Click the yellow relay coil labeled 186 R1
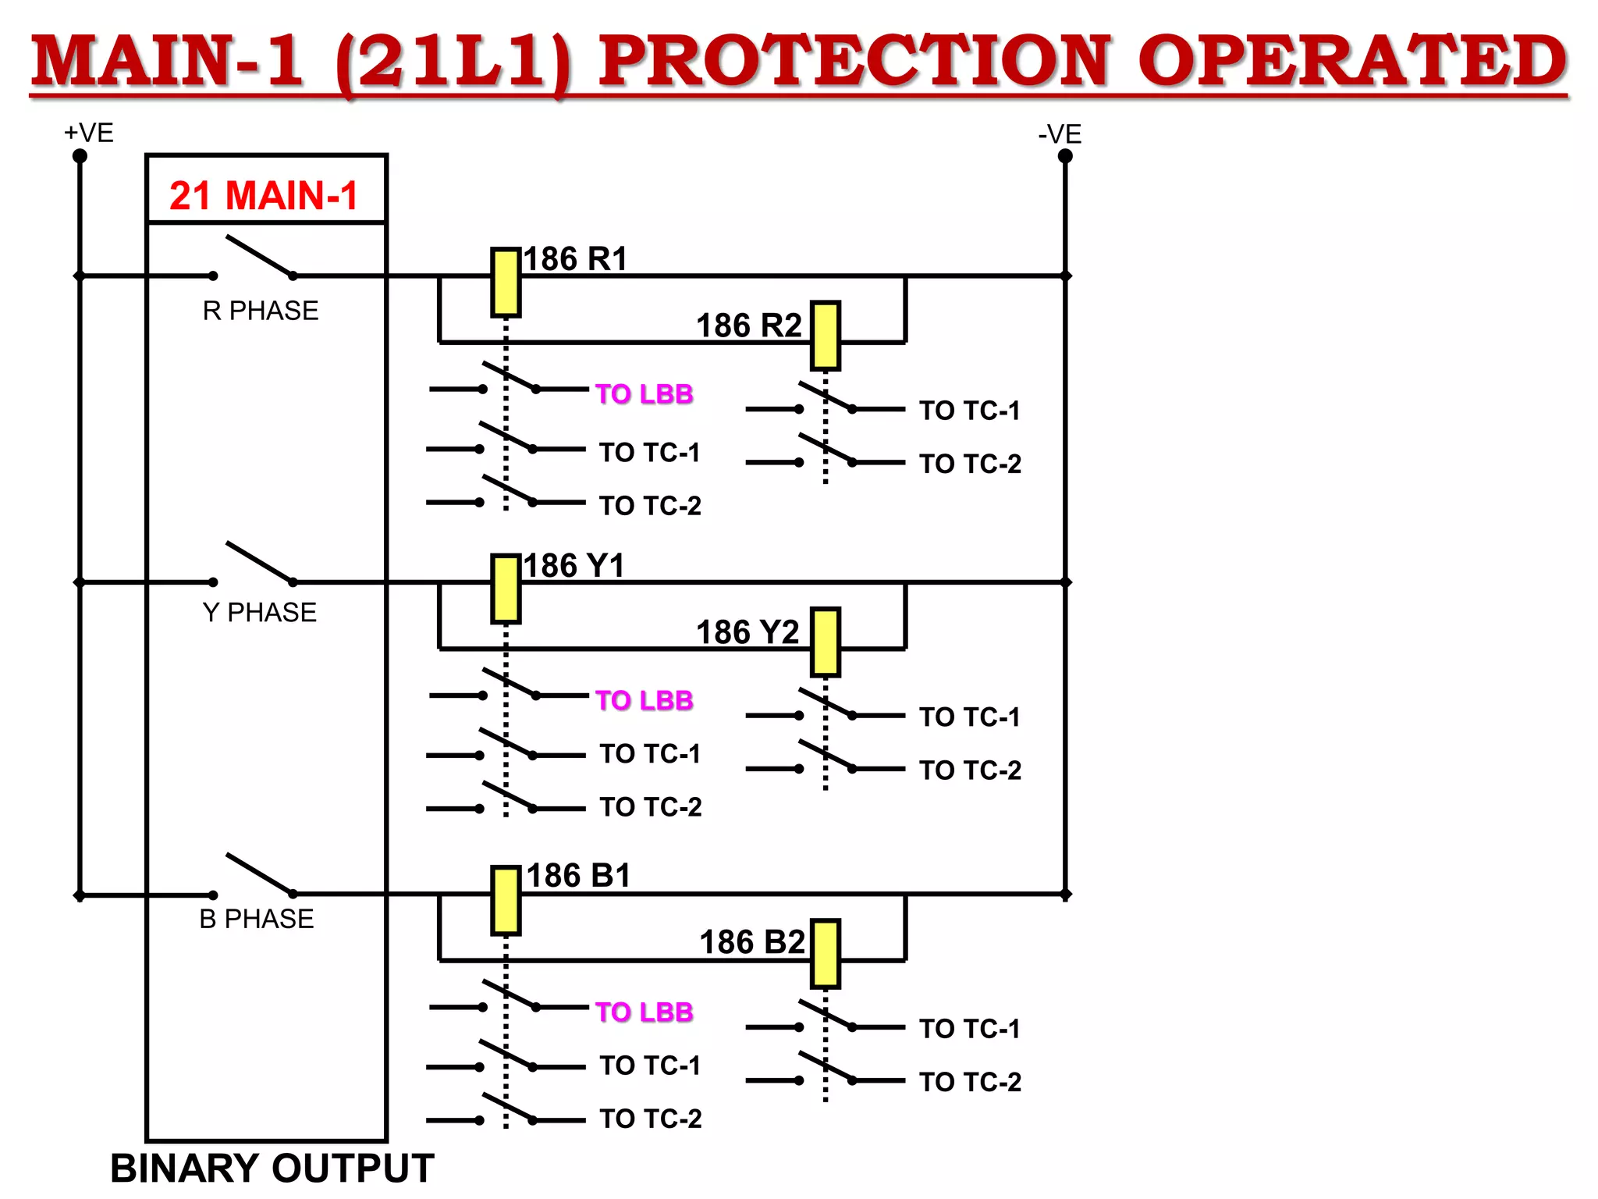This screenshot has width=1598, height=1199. point(506,283)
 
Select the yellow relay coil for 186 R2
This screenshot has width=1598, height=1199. point(825,336)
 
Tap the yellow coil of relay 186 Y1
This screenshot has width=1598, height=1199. point(506,589)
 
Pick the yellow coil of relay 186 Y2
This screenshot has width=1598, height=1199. point(825,642)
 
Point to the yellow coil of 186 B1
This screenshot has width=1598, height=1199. point(506,900)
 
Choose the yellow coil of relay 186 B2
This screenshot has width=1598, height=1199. point(825,953)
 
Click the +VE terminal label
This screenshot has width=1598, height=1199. point(88,133)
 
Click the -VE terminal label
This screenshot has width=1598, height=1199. point(1060,134)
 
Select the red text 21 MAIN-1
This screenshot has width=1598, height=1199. point(264,195)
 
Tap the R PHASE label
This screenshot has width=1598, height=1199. point(261,311)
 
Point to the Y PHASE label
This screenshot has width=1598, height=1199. point(259,612)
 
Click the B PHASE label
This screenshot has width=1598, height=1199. point(257,919)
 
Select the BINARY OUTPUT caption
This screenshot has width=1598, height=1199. point(272,1169)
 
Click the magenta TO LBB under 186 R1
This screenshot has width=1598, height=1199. point(644,393)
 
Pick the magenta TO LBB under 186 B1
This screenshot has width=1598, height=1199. point(644,1012)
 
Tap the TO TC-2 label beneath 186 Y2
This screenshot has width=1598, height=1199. point(970,770)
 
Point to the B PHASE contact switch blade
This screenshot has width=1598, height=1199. point(259,873)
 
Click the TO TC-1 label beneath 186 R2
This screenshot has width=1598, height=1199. point(969,411)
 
